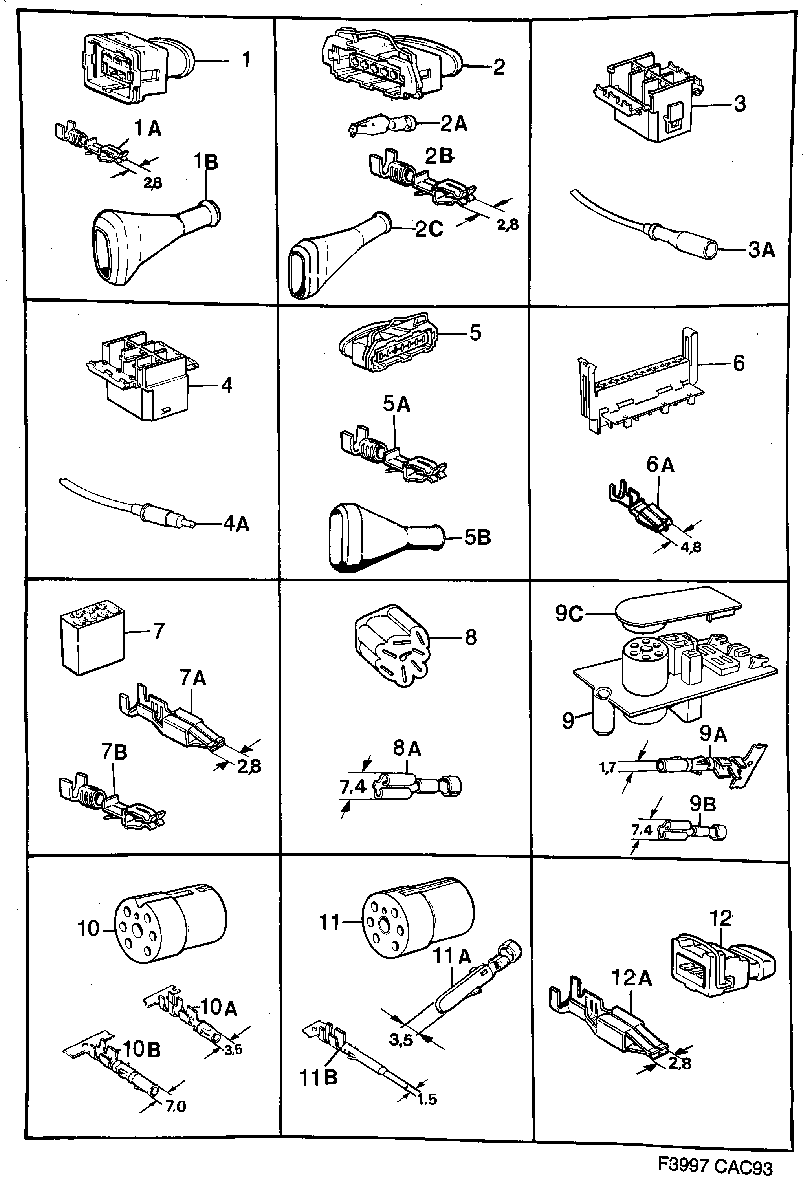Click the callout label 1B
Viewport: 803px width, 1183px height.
coord(206,162)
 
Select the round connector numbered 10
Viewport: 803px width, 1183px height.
coord(168,927)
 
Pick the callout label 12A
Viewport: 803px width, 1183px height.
coord(631,978)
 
